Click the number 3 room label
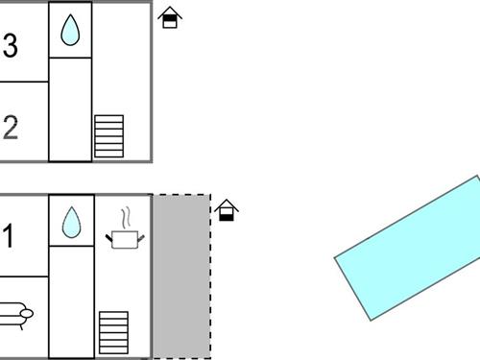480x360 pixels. [x=11, y=47]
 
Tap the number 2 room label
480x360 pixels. [x=11, y=128]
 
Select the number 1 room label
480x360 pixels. [x=9, y=237]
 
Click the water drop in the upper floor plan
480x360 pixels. [x=70, y=31]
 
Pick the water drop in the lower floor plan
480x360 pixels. [x=71, y=223]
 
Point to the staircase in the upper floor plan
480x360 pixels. [x=108, y=136]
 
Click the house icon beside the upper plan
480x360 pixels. [x=170, y=17]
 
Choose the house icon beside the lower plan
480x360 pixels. [x=226, y=210]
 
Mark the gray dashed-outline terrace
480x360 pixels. [x=181, y=276]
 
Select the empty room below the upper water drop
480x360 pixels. [x=70, y=108]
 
